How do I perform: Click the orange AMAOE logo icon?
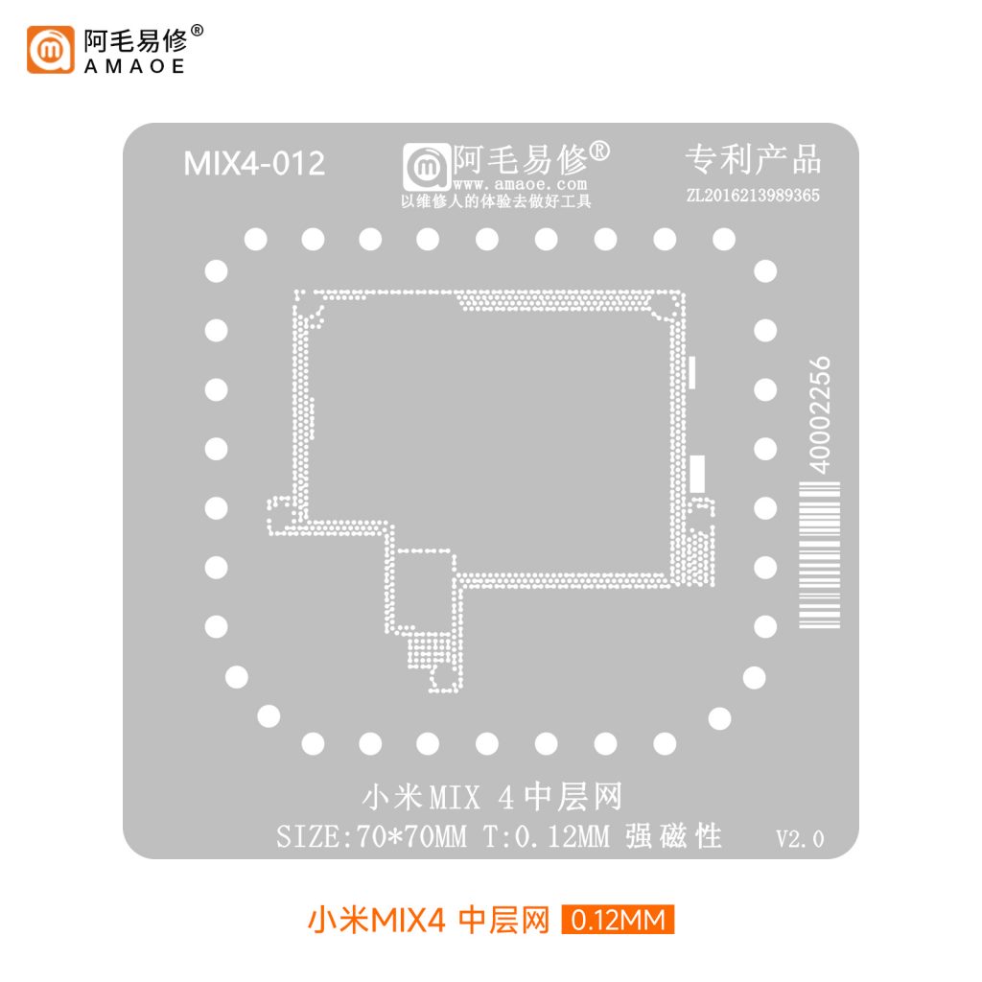(50, 50)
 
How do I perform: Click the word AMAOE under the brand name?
(134, 66)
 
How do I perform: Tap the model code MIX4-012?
(254, 163)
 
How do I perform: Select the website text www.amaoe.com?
(520, 184)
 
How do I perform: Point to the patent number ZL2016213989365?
(753, 196)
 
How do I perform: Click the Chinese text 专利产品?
(753, 159)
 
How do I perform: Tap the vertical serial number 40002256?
(819, 415)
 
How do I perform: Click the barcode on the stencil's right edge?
(819, 554)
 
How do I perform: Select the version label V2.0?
(800, 838)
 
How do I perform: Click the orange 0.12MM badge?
(618, 920)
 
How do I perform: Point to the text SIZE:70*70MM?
(371, 836)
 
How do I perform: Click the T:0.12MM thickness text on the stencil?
(546, 836)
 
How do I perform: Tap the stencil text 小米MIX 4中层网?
(492, 797)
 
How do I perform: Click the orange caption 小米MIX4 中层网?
(429, 920)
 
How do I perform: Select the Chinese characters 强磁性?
(673, 836)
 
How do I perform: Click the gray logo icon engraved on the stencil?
(427, 167)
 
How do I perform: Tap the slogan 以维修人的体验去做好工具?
(496, 201)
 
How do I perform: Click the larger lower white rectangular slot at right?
(697, 474)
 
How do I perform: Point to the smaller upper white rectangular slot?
(692, 373)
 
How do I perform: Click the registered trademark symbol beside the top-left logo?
(197, 30)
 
